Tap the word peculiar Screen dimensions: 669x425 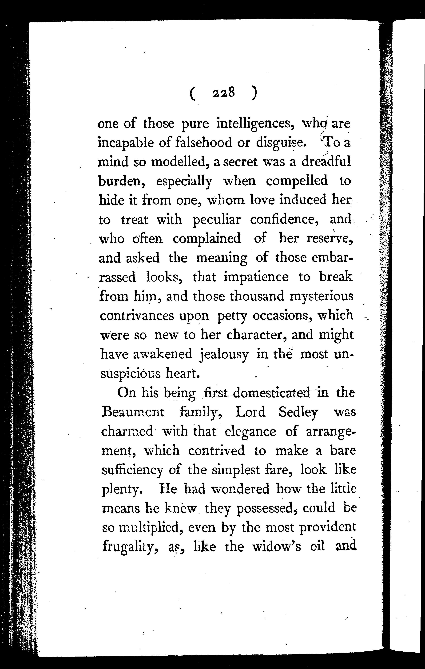216,220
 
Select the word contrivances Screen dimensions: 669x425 137,316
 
